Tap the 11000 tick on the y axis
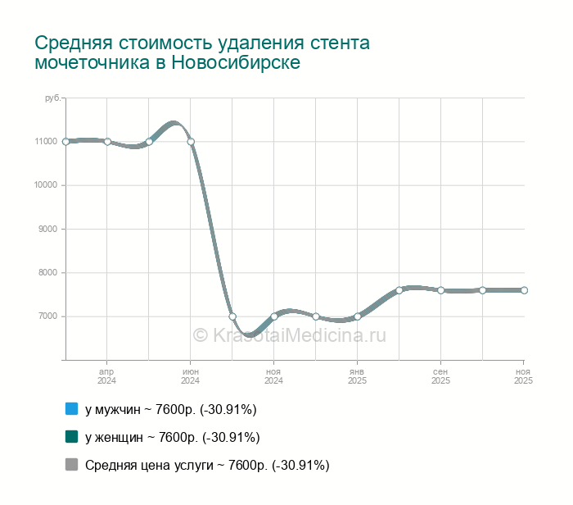click(x=46, y=142)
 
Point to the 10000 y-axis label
click(x=46, y=185)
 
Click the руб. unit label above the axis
click(x=52, y=98)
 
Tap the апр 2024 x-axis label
click(x=107, y=376)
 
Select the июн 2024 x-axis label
click(x=191, y=376)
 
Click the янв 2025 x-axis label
click(x=358, y=376)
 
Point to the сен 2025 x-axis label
click(x=440, y=376)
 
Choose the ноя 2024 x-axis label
click(x=274, y=376)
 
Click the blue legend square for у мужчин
click(x=70, y=409)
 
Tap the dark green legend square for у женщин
click(x=70, y=437)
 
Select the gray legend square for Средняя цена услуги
click(x=70, y=465)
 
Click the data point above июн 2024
click(x=191, y=142)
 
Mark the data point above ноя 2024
click(x=274, y=316)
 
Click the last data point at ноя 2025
click(x=524, y=290)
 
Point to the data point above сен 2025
click(x=440, y=290)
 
